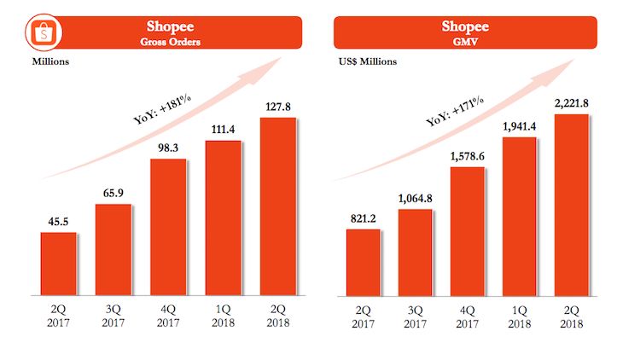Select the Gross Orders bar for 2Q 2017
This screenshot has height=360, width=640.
(59, 264)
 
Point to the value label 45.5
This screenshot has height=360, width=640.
(59, 220)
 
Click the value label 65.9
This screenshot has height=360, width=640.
(113, 192)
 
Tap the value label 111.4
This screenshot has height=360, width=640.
(223, 128)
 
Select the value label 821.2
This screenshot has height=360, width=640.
(364, 217)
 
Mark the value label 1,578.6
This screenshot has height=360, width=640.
(467, 154)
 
